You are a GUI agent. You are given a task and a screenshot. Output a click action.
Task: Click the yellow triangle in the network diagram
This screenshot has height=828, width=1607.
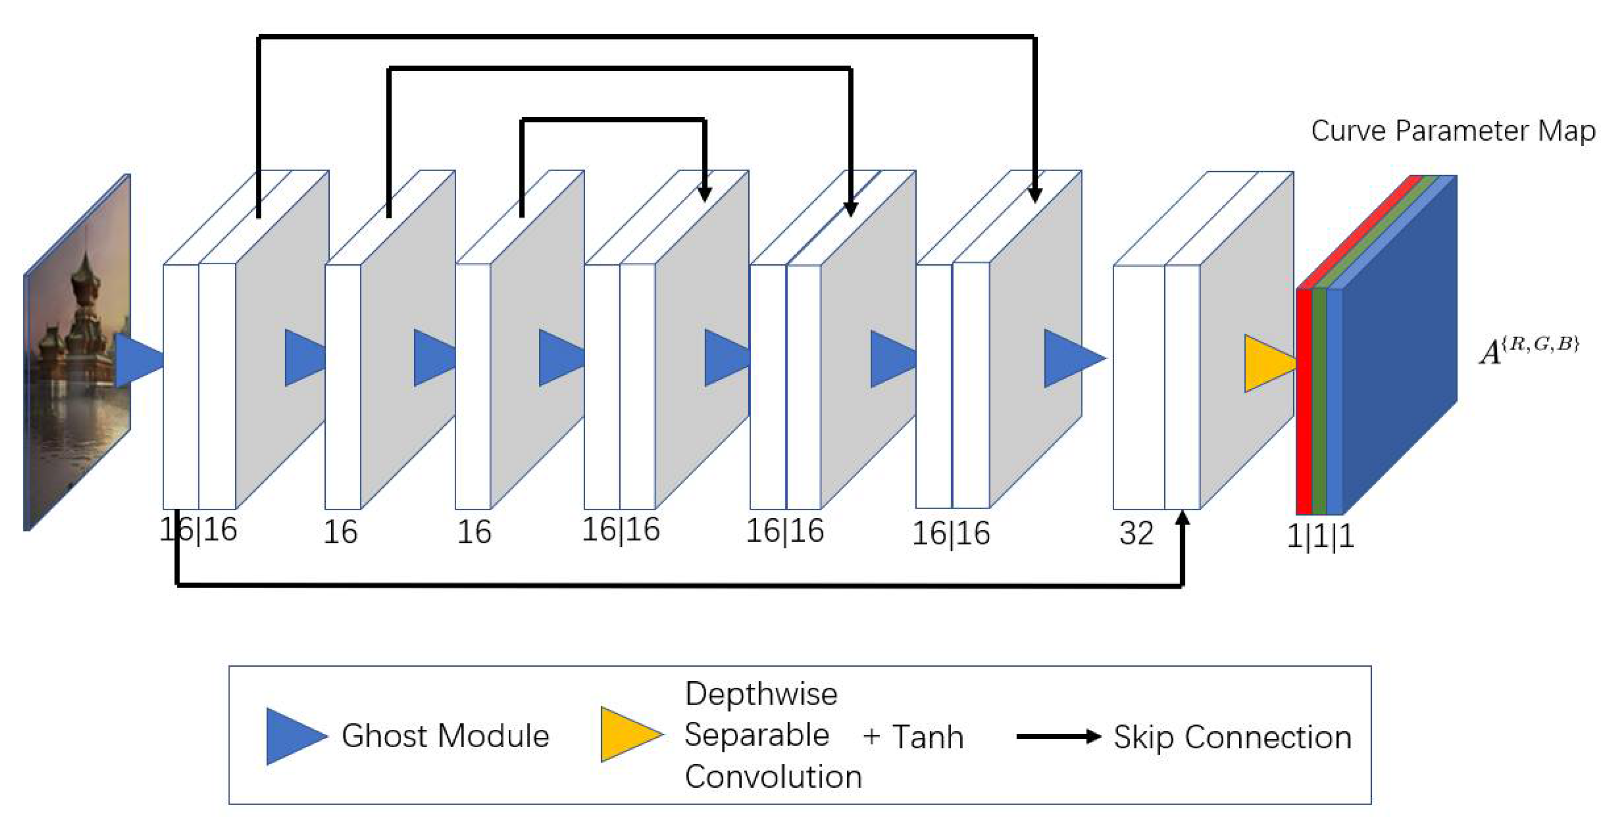pyautogui.click(x=1266, y=363)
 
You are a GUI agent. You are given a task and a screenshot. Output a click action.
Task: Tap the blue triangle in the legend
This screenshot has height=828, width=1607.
pyautogui.click(x=292, y=736)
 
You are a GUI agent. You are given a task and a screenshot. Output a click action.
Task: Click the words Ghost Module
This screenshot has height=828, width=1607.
pyautogui.click(x=445, y=736)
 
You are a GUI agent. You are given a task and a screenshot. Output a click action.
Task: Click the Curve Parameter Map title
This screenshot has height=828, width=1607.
pyautogui.click(x=1452, y=131)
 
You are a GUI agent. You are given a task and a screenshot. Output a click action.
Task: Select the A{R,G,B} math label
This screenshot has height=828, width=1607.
pyautogui.click(x=1528, y=350)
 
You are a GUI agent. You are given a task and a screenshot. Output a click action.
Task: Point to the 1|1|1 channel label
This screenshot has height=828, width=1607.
pyautogui.click(x=1320, y=536)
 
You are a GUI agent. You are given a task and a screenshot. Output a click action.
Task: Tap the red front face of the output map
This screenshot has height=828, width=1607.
pyautogui.click(x=1303, y=403)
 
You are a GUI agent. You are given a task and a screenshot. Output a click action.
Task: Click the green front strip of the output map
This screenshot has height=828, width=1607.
pyautogui.click(x=1319, y=403)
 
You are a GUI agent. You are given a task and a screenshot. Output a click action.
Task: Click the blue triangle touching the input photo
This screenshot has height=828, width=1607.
pyautogui.click(x=137, y=360)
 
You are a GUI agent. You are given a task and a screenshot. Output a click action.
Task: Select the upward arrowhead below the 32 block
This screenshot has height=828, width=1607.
pyautogui.click(x=1182, y=519)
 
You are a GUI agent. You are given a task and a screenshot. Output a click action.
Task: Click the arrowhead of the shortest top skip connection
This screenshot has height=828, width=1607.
pyautogui.click(x=704, y=193)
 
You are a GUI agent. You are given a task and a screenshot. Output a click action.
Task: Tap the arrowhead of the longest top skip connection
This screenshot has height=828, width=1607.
pyautogui.click(x=1034, y=195)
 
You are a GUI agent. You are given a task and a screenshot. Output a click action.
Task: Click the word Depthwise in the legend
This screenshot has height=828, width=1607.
pyautogui.click(x=761, y=694)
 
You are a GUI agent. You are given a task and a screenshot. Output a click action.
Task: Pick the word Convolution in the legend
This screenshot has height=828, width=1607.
pyautogui.click(x=773, y=777)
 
